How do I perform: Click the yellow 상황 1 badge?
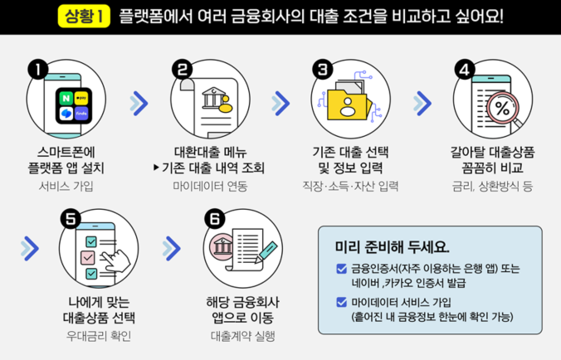click(x=86, y=16)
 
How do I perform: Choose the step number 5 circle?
click(x=71, y=218)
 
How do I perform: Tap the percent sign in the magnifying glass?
click(x=502, y=108)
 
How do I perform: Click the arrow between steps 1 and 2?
click(x=139, y=102)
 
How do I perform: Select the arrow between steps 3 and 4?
click(x=423, y=102)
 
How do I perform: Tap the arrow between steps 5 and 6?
click(x=172, y=247)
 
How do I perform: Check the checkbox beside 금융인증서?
click(x=342, y=268)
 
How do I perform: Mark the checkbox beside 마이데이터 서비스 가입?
click(x=342, y=302)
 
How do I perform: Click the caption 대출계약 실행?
click(x=240, y=336)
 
